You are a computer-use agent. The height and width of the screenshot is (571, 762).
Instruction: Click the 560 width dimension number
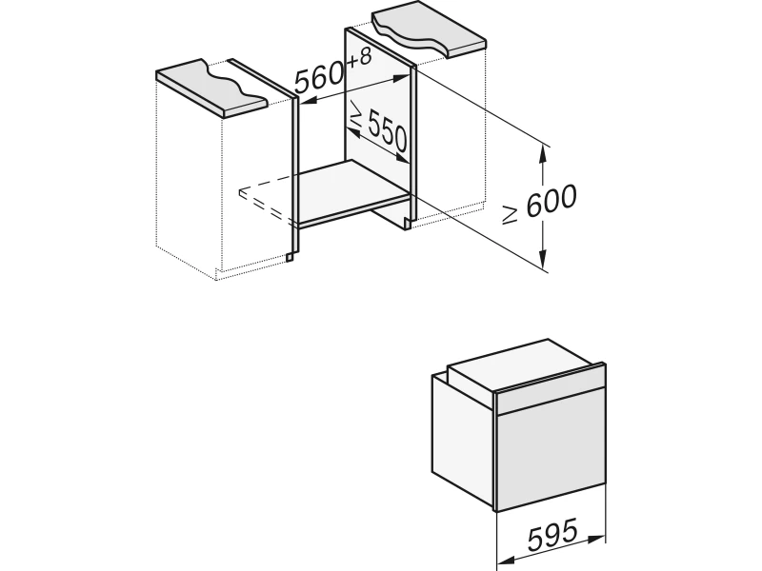point(319,78)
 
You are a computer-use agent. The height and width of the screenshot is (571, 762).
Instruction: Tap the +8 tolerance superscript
point(359,58)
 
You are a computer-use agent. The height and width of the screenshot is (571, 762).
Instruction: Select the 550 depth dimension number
point(388,131)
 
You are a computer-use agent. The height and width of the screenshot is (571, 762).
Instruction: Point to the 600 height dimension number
point(551,200)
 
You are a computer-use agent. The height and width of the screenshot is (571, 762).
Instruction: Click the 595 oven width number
point(553,534)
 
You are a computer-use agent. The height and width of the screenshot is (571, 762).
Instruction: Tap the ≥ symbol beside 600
point(511,214)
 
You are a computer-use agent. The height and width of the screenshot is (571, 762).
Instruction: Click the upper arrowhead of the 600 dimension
point(543,155)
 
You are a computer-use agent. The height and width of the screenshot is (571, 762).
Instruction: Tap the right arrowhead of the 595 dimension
point(596,539)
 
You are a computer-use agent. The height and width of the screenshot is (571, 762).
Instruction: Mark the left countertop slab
point(212,88)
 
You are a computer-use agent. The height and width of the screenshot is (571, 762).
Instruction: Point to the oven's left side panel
point(463,434)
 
